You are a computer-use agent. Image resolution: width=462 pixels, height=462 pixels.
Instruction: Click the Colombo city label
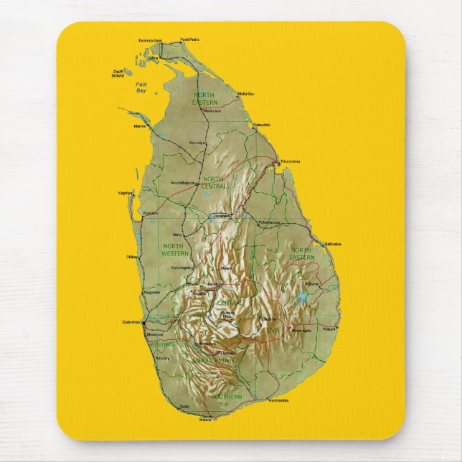131,321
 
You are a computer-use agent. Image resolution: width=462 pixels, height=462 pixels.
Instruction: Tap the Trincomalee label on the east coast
291,161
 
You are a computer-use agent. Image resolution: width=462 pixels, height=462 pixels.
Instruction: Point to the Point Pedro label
189,39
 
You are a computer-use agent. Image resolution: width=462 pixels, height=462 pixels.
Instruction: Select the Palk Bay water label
141,88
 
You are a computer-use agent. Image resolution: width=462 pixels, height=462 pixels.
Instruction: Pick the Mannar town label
140,126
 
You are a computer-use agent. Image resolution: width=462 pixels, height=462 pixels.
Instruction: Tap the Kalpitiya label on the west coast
126,193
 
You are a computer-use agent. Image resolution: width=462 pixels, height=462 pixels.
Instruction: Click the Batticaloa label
332,244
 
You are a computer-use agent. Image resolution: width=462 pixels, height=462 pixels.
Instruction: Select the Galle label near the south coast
184,406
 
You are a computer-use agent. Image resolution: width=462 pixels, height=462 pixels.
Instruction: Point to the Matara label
205,418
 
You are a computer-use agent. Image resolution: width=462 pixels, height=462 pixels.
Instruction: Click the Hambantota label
278,400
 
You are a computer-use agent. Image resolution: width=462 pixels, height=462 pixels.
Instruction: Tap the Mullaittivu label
246,94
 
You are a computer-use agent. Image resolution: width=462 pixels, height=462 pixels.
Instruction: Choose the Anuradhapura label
183,183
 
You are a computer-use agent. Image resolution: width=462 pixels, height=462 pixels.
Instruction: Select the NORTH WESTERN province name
176,250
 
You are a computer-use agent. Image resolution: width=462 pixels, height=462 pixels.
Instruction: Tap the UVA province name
273,329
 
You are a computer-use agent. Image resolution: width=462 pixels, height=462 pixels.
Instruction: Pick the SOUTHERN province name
227,396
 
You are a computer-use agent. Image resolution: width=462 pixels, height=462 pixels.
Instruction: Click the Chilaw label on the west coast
132,256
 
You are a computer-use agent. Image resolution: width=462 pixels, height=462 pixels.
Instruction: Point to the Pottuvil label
329,329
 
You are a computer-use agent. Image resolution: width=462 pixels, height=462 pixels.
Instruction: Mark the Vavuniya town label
197,143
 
